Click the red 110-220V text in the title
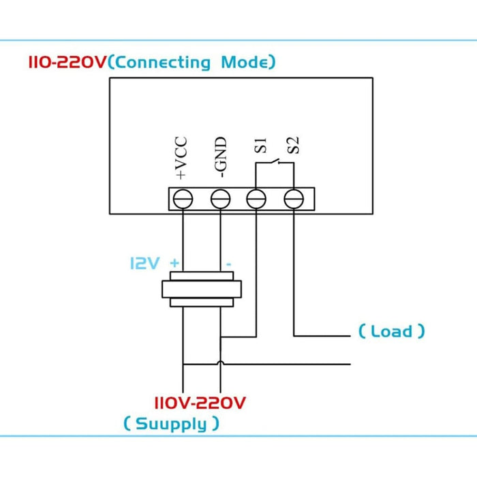67,63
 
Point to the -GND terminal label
220,159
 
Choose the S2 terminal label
293,146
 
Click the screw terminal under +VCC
183,199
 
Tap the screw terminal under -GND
220,199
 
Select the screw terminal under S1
256,199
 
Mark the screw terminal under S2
293,199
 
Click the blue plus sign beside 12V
175,263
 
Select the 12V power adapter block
201,289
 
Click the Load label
391,332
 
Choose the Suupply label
171,424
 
